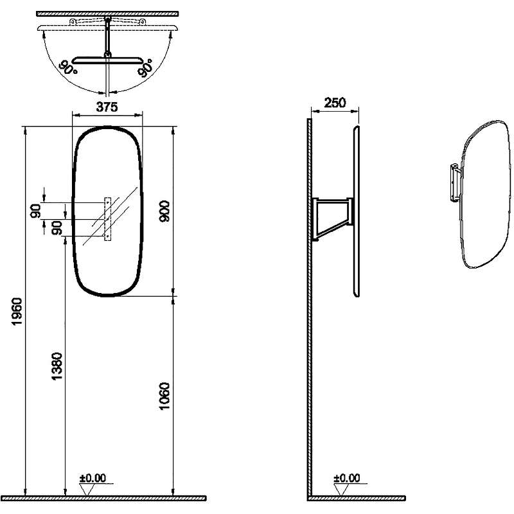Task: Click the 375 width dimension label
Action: pyautogui.click(x=107, y=107)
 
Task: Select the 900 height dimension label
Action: pyautogui.click(x=164, y=211)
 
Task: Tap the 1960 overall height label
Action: pyautogui.click(x=17, y=312)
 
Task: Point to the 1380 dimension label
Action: pyautogui.click(x=57, y=366)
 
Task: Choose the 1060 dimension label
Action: pyautogui.click(x=164, y=396)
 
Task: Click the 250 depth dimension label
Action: pyautogui.click(x=335, y=103)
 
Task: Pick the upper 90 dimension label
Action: pyautogui.click(x=36, y=211)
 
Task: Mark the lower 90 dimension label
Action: pyautogui.click(x=57, y=228)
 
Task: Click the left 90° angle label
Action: pyautogui.click(x=68, y=67)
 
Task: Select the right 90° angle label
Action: pyautogui.click(x=145, y=68)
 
